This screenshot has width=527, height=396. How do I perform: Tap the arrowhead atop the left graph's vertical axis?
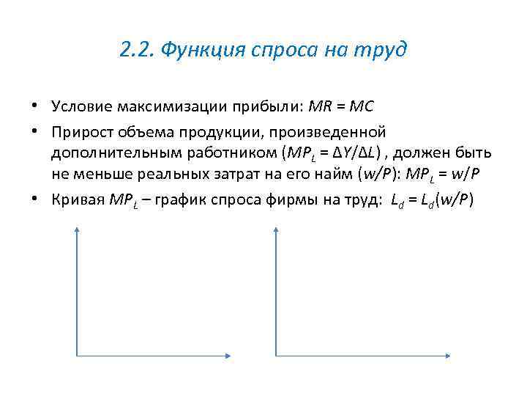76,230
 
